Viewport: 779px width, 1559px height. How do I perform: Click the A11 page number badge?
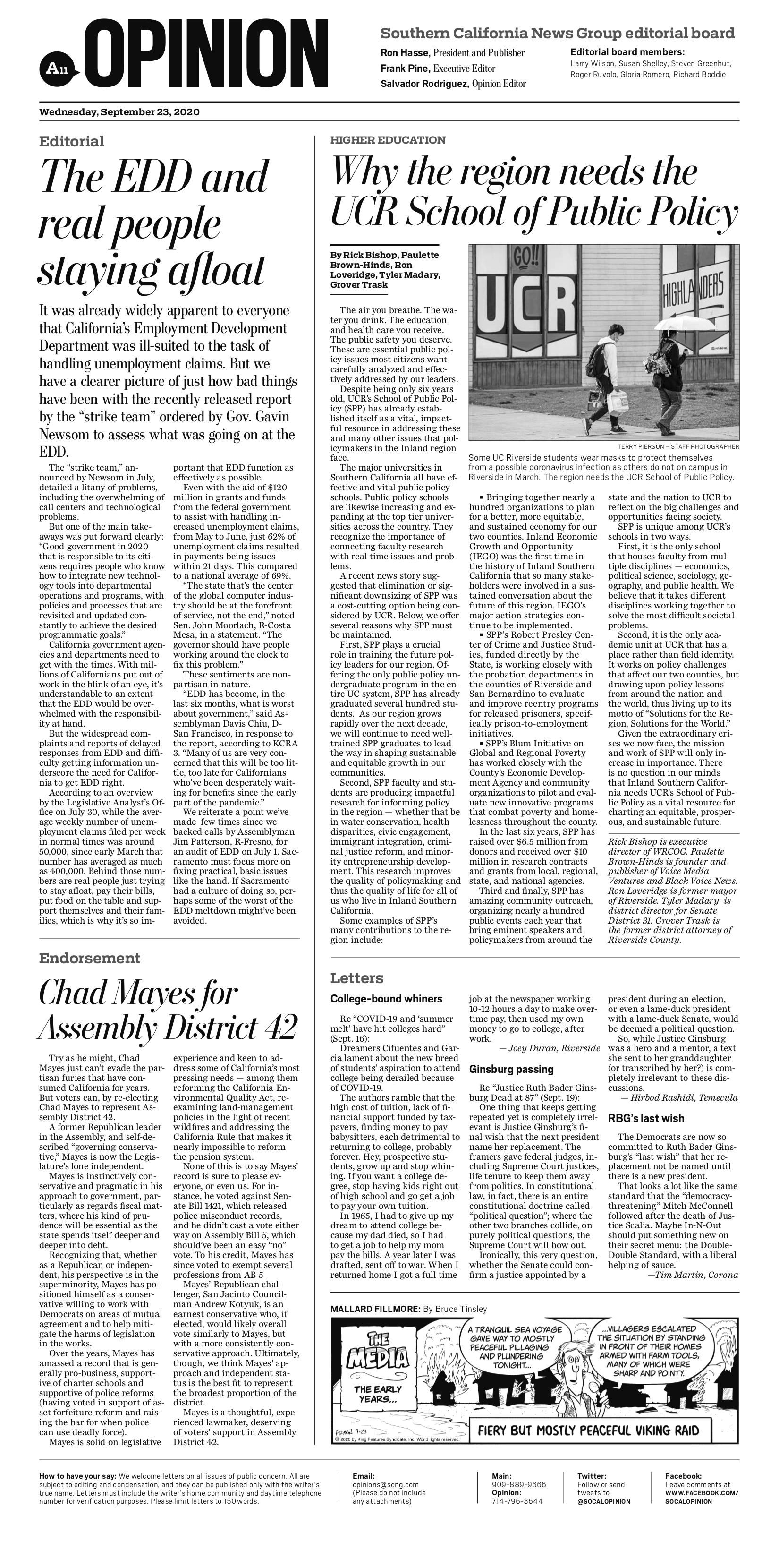(54, 69)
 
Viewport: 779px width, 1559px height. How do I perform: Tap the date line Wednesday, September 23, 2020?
(119, 112)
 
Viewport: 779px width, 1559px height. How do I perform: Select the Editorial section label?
(71, 142)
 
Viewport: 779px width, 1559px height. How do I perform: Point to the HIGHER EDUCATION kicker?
(388, 140)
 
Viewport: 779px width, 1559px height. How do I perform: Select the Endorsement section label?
(90, 958)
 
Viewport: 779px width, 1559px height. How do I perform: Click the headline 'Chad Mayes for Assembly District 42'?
(168, 1010)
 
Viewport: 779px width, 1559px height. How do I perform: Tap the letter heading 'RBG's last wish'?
(645, 1118)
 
